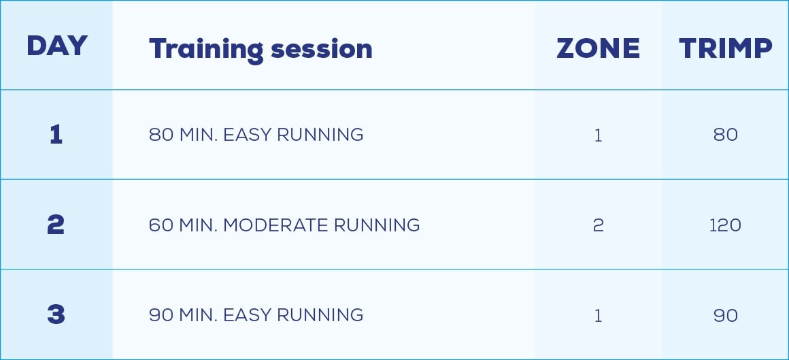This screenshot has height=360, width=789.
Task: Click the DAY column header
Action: tap(57, 46)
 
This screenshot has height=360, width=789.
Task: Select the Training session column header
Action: tap(261, 50)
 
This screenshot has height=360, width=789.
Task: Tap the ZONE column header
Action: tap(599, 49)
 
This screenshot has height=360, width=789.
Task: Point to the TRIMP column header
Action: tap(726, 49)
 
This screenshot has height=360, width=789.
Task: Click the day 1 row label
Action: tap(56, 135)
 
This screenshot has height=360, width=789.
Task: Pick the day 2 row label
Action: tap(56, 225)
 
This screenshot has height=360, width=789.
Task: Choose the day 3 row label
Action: tap(56, 314)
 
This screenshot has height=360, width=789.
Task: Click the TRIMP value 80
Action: tap(726, 135)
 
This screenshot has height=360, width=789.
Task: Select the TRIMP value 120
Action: tap(725, 225)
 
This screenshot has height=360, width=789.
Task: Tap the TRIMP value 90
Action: tap(726, 316)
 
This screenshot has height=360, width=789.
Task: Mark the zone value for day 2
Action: tap(599, 225)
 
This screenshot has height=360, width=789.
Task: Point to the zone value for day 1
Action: tap(599, 135)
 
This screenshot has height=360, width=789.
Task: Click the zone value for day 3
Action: tap(599, 316)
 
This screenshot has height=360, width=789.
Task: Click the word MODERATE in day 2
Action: tap(275, 225)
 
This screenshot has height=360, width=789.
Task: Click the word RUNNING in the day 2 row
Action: tap(377, 225)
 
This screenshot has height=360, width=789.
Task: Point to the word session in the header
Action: tap(322, 50)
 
